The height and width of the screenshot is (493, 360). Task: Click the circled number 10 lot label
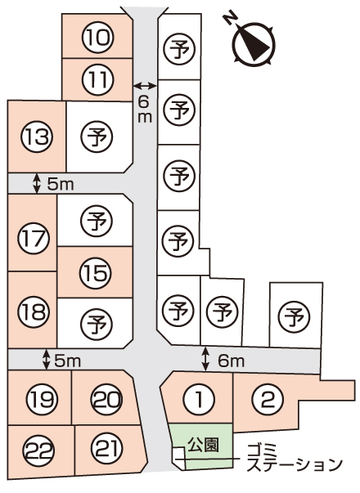coord(97,37)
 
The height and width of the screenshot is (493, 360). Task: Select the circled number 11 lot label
coord(97,79)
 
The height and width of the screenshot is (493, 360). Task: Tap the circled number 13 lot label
coord(37,137)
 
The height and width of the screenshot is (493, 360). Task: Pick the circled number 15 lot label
coord(96,272)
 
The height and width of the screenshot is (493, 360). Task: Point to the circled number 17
coord(34,238)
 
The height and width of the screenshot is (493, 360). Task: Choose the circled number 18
coord(34,311)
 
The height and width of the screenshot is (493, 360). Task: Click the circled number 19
coord(42,400)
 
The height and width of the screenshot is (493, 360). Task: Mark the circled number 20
coord(106,400)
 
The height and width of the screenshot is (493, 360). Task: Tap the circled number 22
coord(39,451)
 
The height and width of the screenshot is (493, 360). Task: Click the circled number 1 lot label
coord(199,400)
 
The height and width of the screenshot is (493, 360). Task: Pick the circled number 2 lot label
coord(268,400)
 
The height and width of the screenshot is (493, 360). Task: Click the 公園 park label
coord(203,445)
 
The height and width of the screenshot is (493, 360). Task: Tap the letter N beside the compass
coord(231,19)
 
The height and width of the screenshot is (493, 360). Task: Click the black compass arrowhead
coord(255,44)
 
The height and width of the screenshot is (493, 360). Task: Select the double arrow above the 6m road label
coord(145,85)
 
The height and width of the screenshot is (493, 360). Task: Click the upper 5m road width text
coord(61,185)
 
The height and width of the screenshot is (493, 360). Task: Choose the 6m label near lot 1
coord(232,361)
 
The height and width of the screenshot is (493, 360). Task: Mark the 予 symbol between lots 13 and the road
coord(97,137)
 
